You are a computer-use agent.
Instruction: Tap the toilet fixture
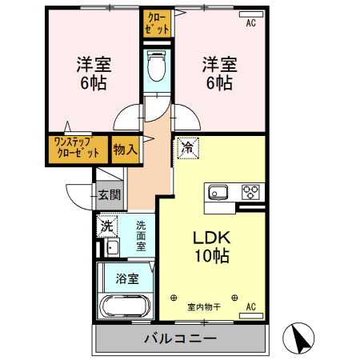coord(157,68)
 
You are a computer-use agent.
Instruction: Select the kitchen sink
coord(218,192)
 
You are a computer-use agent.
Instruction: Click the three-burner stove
coord(251,192)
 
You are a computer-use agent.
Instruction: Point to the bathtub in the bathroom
coord(125,306)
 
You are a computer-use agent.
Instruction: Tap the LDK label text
coord(211,238)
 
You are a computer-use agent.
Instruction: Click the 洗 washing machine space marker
coord(106,226)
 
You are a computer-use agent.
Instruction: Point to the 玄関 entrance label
coord(110,194)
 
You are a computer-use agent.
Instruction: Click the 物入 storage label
coord(125,150)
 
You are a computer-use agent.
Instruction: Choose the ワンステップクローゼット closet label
coord(77,149)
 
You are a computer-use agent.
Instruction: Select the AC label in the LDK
coord(250,306)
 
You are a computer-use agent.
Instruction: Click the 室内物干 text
coord(204,306)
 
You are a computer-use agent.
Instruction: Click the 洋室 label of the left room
coord(94,63)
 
